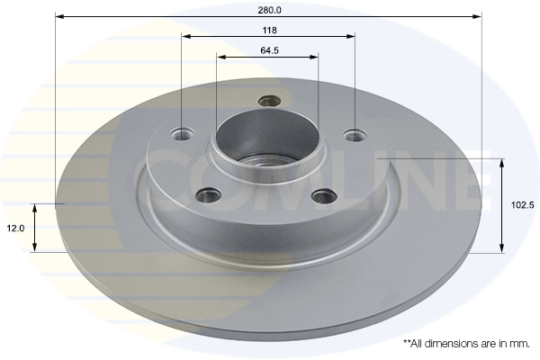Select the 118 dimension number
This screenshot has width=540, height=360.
(269, 29)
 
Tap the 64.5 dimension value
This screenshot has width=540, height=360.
(268, 49)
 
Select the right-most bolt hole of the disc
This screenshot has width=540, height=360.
(355, 136)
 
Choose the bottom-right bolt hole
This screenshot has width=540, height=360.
(322, 193)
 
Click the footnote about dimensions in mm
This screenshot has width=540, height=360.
(466, 344)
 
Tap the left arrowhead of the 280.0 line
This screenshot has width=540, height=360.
(59, 16)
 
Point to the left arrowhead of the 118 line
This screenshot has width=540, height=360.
(185, 36)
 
